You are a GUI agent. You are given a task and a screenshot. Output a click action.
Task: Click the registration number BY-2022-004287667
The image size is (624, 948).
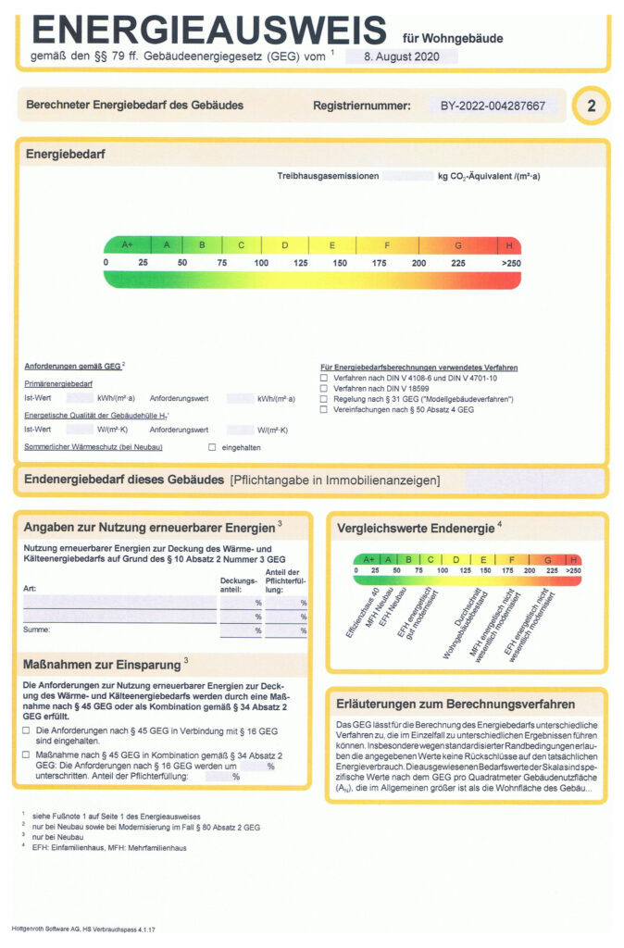tap(493, 106)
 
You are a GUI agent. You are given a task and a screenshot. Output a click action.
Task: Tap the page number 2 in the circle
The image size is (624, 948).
tap(592, 106)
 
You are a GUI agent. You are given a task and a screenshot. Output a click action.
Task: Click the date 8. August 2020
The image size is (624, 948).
tap(401, 56)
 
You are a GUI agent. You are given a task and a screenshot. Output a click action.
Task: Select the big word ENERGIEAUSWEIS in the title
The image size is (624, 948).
tap(208, 30)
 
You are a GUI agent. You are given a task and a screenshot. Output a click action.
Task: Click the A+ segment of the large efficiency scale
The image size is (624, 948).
tap(128, 245)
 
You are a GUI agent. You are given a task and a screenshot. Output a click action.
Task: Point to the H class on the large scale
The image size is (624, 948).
tap(509, 245)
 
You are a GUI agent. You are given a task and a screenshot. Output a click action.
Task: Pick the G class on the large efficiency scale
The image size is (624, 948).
tap(457, 245)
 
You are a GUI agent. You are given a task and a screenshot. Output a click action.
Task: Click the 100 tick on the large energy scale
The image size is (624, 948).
tap(261, 263)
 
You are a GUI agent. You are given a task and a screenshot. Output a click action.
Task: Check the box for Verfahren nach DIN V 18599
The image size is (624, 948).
tap(324, 389)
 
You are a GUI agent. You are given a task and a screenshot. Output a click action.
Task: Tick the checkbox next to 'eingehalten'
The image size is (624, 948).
tap(212, 447)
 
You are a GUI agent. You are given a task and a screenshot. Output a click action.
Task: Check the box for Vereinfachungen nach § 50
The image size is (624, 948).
tap(324, 409)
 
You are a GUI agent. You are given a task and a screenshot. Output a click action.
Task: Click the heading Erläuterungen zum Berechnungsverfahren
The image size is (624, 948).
tap(456, 704)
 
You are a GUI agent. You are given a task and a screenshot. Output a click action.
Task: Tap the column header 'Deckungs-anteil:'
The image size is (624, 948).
tap(238, 585)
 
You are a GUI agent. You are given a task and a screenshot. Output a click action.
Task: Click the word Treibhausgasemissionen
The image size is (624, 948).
tap(328, 176)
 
